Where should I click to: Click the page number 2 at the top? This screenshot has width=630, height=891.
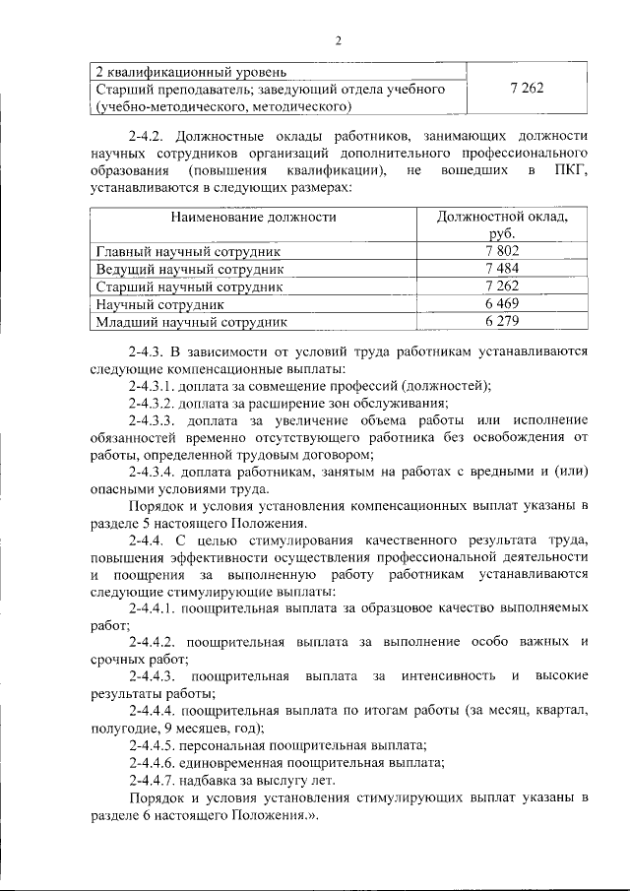click(338, 40)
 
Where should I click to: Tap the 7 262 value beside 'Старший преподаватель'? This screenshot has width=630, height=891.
click(527, 88)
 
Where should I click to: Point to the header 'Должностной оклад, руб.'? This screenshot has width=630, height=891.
click(502, 224)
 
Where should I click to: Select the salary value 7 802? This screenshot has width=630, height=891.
click(502, 251)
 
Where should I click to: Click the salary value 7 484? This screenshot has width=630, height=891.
click(502, 269)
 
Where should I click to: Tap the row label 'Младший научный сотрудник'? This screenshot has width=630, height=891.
click(191, 321)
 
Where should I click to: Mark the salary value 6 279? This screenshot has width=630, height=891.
click(502, 321)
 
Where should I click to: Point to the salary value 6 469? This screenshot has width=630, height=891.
click(502, 304)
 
